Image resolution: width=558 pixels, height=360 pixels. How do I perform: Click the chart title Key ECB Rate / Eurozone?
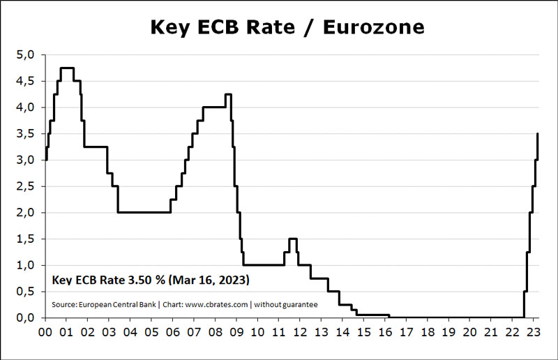point(287,27)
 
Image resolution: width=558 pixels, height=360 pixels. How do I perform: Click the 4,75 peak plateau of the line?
point(67,68)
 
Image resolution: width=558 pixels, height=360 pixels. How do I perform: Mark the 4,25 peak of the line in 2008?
point(228,94)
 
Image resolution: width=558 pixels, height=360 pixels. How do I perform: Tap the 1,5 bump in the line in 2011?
point(293,239)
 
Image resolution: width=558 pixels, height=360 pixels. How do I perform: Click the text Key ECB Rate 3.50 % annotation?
point(108,280)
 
